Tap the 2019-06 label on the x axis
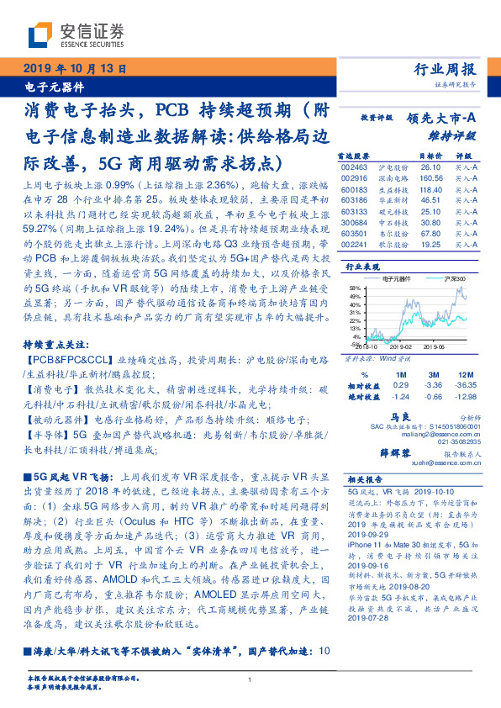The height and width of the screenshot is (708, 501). click(433, 346)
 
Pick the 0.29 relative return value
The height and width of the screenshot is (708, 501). click(377, 384)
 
